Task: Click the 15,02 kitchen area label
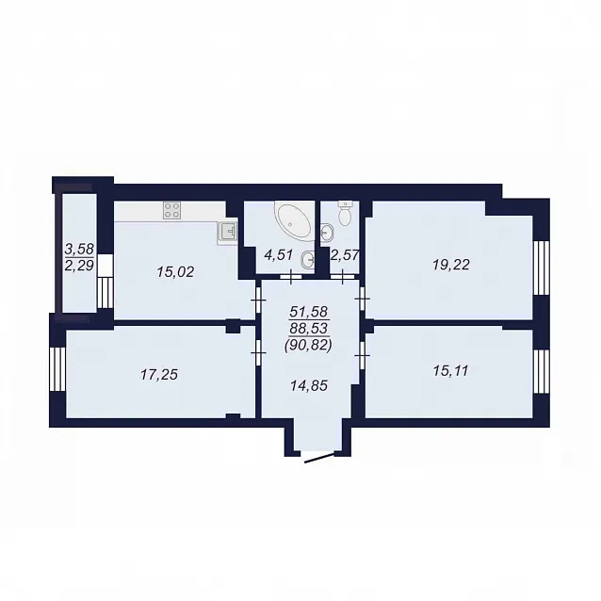pyautogui.click(x=175, y=272)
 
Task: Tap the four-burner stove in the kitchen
pyautogui.click(x=171, y=210)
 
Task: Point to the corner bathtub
pyautogui.click(x=293, y=219)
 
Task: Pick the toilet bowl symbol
pyautogui.click(x=346, y=213)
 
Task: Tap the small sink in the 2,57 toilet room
pyautogui.click(x=327, y=232)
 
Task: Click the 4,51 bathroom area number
pyautogui.click(x=279, y=255)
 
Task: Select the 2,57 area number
pyautogui.click(x=344, y=255)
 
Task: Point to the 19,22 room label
pyautogui.click(x=450, y=265)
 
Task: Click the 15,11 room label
pyautogui.click(x=450, y=371)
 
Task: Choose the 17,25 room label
pyautogui.click(x=158, y=375)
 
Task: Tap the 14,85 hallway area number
pyautogui.click(x=309, y=385)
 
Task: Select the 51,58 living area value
pyautogui.click(x=309, y=311)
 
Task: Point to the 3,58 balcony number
pyautogui.click(x=79, y=249)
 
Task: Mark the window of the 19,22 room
pyautogui.click(x=542, y=268)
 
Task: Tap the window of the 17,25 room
pyautogui.click(x=57, y=369)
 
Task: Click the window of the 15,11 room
pyautogui.click(x=542, y=371)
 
